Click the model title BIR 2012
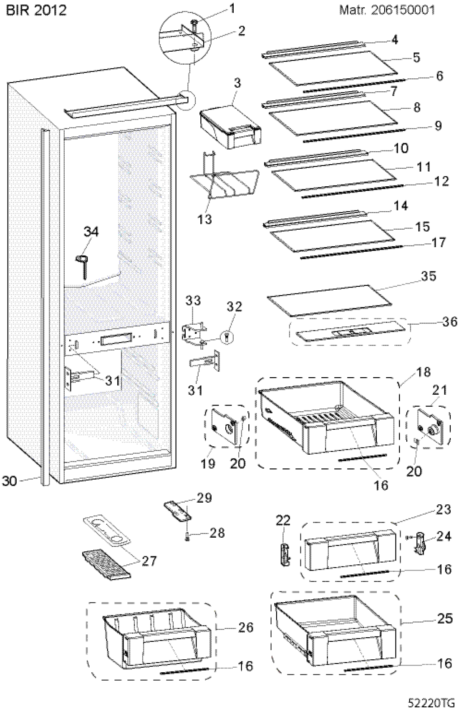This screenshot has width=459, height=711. [x=36, y=10]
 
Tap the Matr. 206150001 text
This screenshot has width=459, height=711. [x=387, y=10]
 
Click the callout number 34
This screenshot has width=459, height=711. [x=91, y=232]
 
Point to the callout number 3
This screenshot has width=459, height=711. [x=237, y=84]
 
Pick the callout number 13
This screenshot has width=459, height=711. [x=205, y=219]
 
